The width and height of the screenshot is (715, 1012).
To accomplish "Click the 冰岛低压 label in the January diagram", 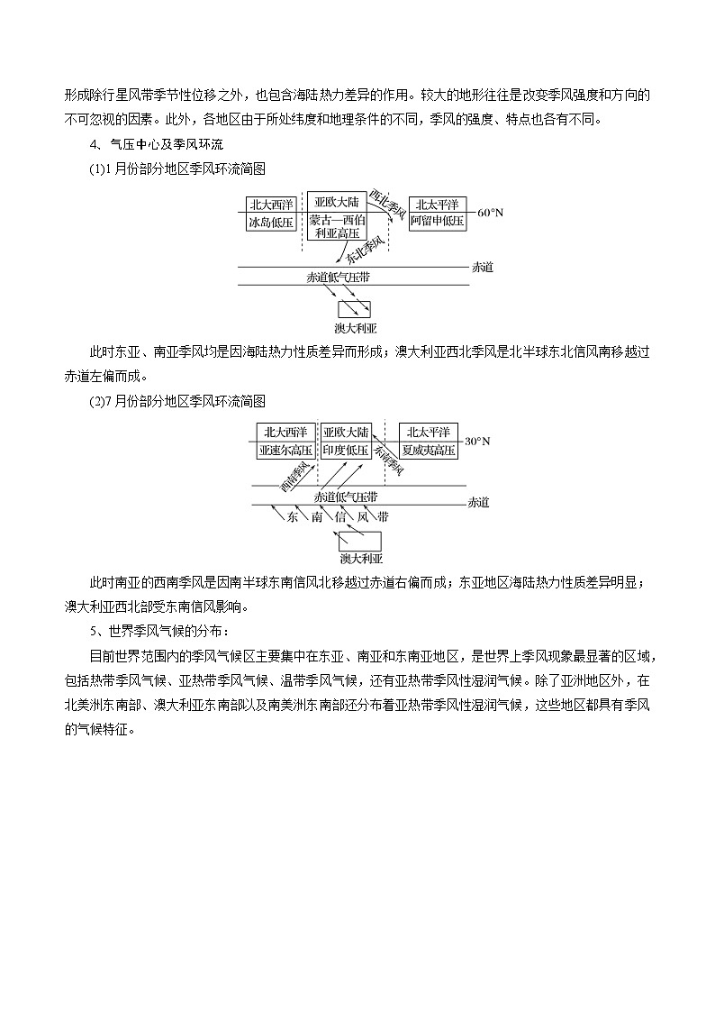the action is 271,222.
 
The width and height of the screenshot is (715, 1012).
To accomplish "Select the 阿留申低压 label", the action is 438,221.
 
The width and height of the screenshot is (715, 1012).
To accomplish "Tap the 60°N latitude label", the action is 491,213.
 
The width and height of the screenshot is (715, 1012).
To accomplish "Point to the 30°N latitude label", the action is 478,441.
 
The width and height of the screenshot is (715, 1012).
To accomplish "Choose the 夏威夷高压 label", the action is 429,449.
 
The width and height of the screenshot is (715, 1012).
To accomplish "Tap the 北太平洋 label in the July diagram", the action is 429,431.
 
